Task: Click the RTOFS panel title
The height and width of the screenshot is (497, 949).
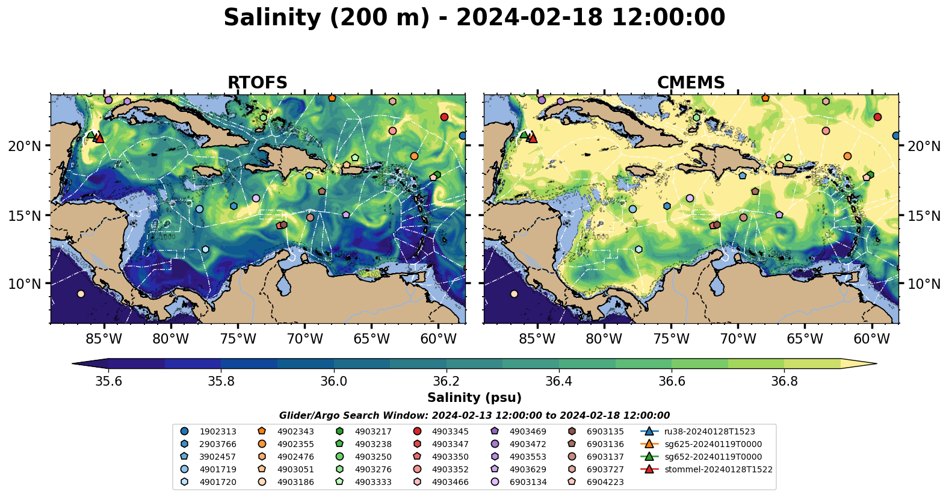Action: pyautogui.click(x=257, y=82)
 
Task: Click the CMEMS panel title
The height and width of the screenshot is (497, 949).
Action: pyautogui.click(x=690, y=82)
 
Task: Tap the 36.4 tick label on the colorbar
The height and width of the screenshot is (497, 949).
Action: pyautogui.click(x=558, y=381)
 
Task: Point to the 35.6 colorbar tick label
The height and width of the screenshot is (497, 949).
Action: pyautogui.click(x=108, y=381)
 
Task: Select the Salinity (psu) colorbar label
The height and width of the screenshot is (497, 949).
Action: pyautogui.click(x=474, y=398)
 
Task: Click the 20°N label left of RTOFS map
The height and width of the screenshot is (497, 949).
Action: pyautogui.click(x=25, y=146)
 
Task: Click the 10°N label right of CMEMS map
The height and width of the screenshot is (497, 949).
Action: pyautogui.click(x=924, y=284)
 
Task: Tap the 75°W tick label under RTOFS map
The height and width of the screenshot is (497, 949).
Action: pyautogui.click(x=238, y=339)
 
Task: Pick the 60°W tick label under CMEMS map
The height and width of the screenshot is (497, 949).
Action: pyautogui.click(x=871, y=339)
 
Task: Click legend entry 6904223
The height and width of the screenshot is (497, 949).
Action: pyautogui.click(x=605, y=482)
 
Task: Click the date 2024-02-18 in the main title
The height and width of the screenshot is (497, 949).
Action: pyautogui.click(x=529, y=17)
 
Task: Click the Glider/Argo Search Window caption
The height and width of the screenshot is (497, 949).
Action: pyautogui.click(x=474, y=416)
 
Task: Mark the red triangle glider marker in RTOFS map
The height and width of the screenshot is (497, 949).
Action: pyautogui.click(x=100, y=138)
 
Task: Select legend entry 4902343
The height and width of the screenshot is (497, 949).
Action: pyautogui.click(x=295, y=431)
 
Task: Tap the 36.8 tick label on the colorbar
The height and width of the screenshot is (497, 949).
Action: pyautogui.click(x=784, y=381)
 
